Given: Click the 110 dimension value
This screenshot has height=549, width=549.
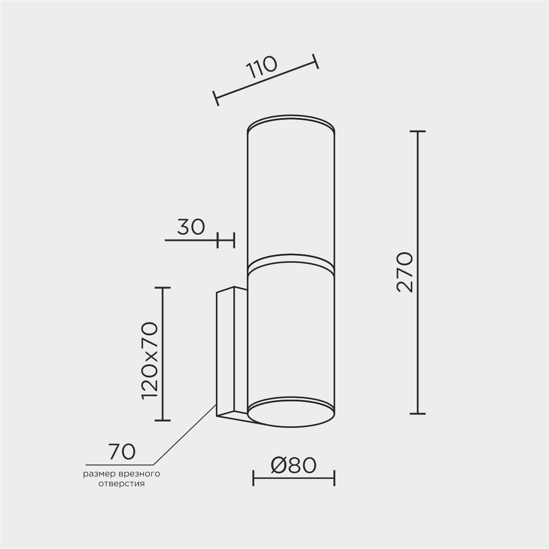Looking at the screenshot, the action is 261,67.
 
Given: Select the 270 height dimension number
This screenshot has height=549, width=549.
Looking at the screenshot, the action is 405,272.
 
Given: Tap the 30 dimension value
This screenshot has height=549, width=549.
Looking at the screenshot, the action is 191,227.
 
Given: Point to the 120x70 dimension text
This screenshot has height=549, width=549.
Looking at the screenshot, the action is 150,361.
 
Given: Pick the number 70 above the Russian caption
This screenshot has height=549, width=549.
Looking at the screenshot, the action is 122,452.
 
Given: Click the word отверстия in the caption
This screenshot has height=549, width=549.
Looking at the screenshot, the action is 122,484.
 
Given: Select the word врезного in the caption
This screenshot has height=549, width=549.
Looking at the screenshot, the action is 139,474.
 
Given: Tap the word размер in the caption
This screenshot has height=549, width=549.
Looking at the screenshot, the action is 99,474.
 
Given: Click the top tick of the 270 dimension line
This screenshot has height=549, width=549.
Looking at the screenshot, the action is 418,131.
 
